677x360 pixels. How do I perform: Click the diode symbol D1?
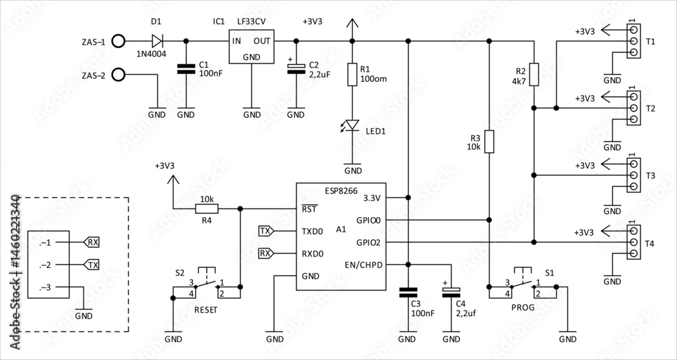(158, 41)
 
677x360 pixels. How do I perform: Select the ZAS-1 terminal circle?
(118, 41)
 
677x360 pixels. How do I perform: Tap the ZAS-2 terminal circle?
(118, 74)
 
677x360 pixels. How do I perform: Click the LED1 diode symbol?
(353, 125)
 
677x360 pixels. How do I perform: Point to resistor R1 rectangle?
(352, 74)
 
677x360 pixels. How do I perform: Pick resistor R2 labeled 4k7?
(534, 74)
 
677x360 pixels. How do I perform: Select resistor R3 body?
(489, 141)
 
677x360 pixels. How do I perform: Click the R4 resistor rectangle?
(206, 209)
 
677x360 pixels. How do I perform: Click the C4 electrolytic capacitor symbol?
(452, 292)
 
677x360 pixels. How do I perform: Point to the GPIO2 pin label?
(369, 242)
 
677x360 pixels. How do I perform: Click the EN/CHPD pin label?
(364, 265)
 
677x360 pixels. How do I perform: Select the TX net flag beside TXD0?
(266, 231)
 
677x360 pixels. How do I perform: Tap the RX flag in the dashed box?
(91, 242)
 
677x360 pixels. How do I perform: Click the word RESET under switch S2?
(206, 310)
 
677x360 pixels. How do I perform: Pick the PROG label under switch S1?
(523, 308)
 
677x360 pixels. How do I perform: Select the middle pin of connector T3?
(634, 175)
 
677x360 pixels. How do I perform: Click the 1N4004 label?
(152, 53)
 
